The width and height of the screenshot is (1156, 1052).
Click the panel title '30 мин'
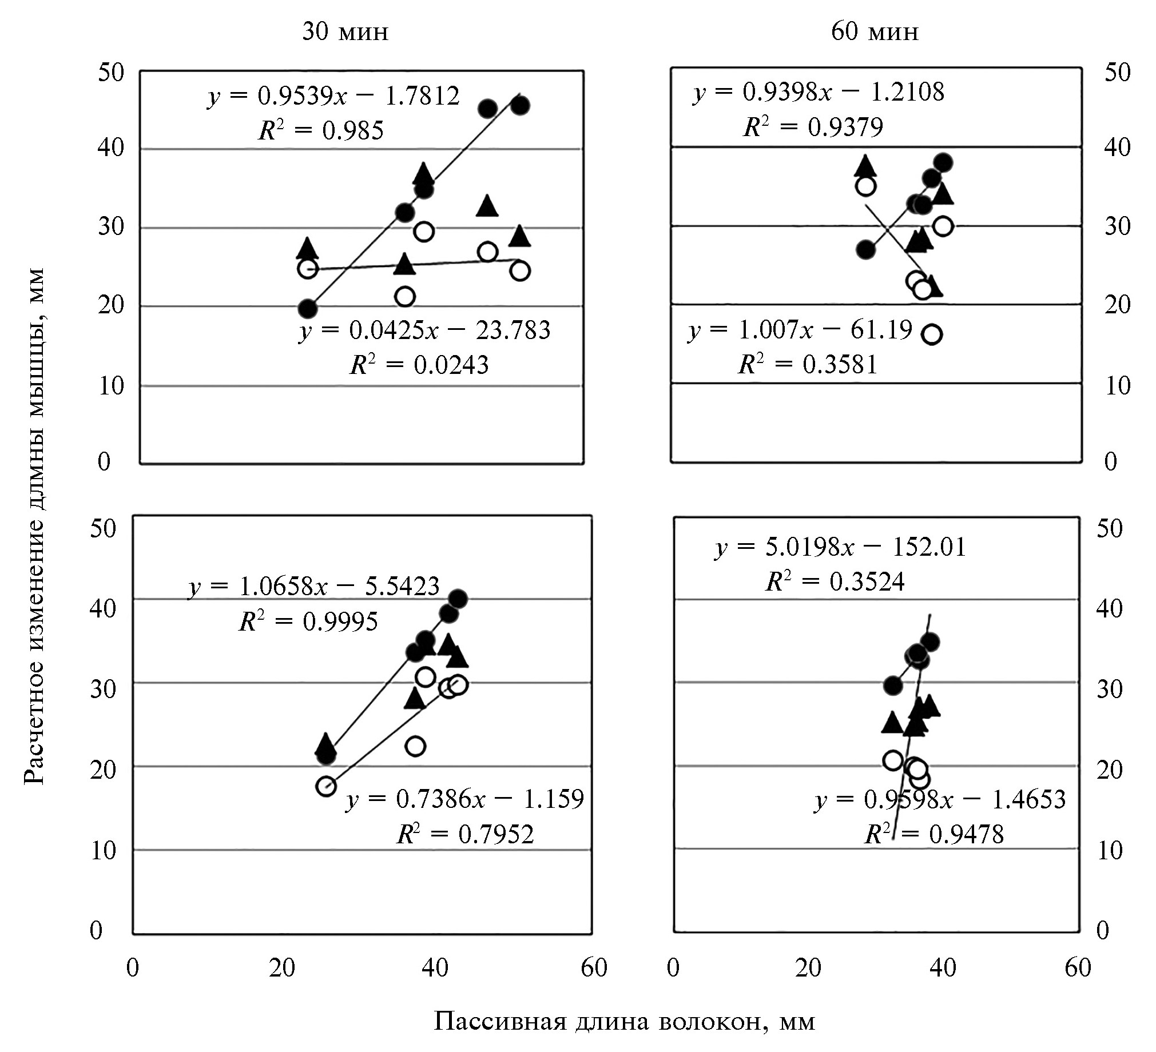pyautogui.click(x=345, y=32)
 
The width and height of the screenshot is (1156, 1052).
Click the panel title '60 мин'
pyautogui.click(x=875, y=32)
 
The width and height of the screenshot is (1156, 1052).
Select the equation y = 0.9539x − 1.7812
pyautogui.click(x=333, y=96)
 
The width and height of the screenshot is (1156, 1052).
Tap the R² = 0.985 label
pyautogui.click(x=321, y=131)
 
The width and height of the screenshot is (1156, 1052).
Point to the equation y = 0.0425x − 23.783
pyautogui.click(x=425, y=331)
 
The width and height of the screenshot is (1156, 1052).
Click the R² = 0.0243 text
pyautogui.click(x=419, y=365)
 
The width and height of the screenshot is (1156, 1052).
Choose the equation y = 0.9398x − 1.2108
pyautogui.click(x=819, y=91)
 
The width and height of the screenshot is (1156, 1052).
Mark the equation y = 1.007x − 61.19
pyautogui.click(x=800, y=330)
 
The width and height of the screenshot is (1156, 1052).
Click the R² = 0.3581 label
pyautogui.click(x=808, y=364)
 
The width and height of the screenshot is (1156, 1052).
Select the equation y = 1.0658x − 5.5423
pyautogui.click(x=314, y=587)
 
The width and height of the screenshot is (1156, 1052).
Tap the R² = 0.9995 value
pyautogui.click(x=308, y=621)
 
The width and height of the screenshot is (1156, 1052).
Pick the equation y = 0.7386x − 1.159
pyautogui.click(x=464, y=799)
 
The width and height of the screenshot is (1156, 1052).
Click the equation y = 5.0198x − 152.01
pyautogui.click(x=840, y=547)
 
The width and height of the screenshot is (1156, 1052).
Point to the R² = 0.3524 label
pyautogui.click(x=835, y=582)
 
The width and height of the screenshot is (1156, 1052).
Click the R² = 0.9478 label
pyautogui.click(x=934, y=834)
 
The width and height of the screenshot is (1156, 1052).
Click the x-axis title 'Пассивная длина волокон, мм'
pyautogui.click(x=624, y=1021)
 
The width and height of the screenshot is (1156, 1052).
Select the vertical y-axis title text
pyautogui.click(x=34, y=527)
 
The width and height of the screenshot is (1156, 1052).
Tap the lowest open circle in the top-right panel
pyautogui.click(x=932, y=334)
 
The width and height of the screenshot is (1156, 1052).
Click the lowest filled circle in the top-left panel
pyautogui.click(x=308, y=309)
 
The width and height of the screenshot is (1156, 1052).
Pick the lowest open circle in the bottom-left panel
pyautogui.click(x=325, y=786)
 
